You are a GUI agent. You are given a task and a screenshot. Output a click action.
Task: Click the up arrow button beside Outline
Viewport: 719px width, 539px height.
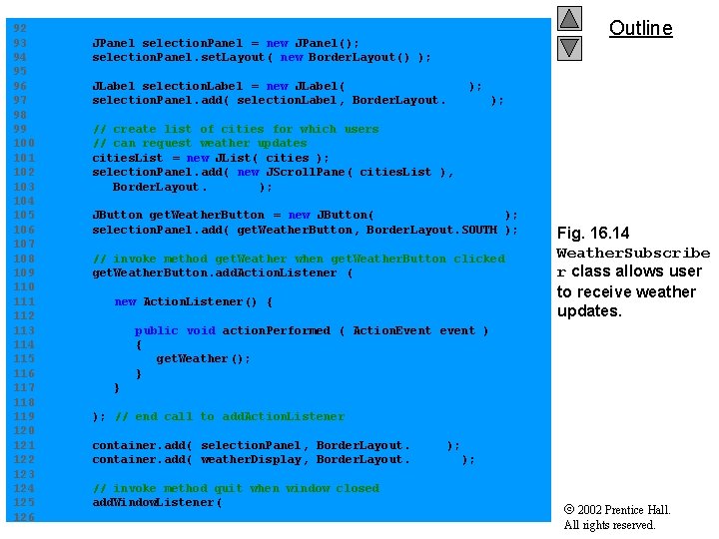[569, 18]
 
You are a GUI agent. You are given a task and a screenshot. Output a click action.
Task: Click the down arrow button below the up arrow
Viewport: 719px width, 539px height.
[569, 47]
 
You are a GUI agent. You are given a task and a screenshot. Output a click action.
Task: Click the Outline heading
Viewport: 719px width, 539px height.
[640, 28]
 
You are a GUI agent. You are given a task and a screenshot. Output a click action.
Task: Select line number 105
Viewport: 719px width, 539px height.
[24, 215]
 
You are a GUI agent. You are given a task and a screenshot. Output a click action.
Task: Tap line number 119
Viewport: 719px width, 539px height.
[24, 416]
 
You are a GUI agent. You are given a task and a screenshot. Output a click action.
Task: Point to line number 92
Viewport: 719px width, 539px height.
[20, 29]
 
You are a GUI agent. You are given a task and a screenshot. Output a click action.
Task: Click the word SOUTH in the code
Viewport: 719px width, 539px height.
[478, 230]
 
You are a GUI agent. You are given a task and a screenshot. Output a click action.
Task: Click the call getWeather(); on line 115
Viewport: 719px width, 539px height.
[203, 358]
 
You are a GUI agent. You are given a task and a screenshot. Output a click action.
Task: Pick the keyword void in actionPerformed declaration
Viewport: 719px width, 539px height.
[200, 330]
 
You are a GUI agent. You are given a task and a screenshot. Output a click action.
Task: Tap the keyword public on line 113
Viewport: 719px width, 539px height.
[156, 330]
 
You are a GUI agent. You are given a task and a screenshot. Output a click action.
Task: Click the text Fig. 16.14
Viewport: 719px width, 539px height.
[593, 234]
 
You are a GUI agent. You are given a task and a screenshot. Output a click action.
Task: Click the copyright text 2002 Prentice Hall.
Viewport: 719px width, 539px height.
[624, 510]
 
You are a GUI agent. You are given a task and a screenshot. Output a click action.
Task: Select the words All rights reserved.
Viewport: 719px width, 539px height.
[609, 525]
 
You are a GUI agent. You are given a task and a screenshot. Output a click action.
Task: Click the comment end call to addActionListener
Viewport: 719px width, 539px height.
[229, 416]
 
